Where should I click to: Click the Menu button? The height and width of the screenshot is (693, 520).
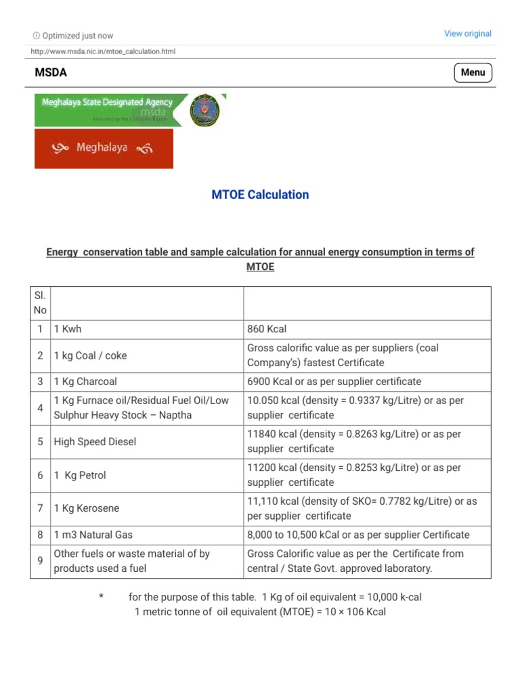pyautogui.click(x=473, y=72)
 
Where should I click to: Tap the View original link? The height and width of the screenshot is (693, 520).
pyautogui.click(x=467, y=34)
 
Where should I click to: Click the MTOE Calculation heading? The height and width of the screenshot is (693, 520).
pyautogui.click(x=260, y=195)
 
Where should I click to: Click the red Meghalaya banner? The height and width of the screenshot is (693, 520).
pyautogui.click(x=104, y=148)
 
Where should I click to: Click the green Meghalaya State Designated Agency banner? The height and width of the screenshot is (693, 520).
pyautogui.click(x=110, y=110)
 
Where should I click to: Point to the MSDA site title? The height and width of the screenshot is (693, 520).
pyautogui.click(x=51, y=72)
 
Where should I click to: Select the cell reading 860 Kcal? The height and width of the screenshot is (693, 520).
pyautogui.click(x=267, y=329)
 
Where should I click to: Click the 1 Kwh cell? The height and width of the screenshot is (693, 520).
pyautogui.click(x=68, y=329)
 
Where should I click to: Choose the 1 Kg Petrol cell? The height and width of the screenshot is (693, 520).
pyautogui.click(x=80, y=476)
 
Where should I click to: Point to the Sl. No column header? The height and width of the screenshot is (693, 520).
pyautogui.click(x=40, y=303)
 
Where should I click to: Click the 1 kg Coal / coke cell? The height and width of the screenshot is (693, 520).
pyautogui.click(x=90, y=355)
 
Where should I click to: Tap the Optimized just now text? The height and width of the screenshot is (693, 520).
pyautogui.click(x=77, y=36)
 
